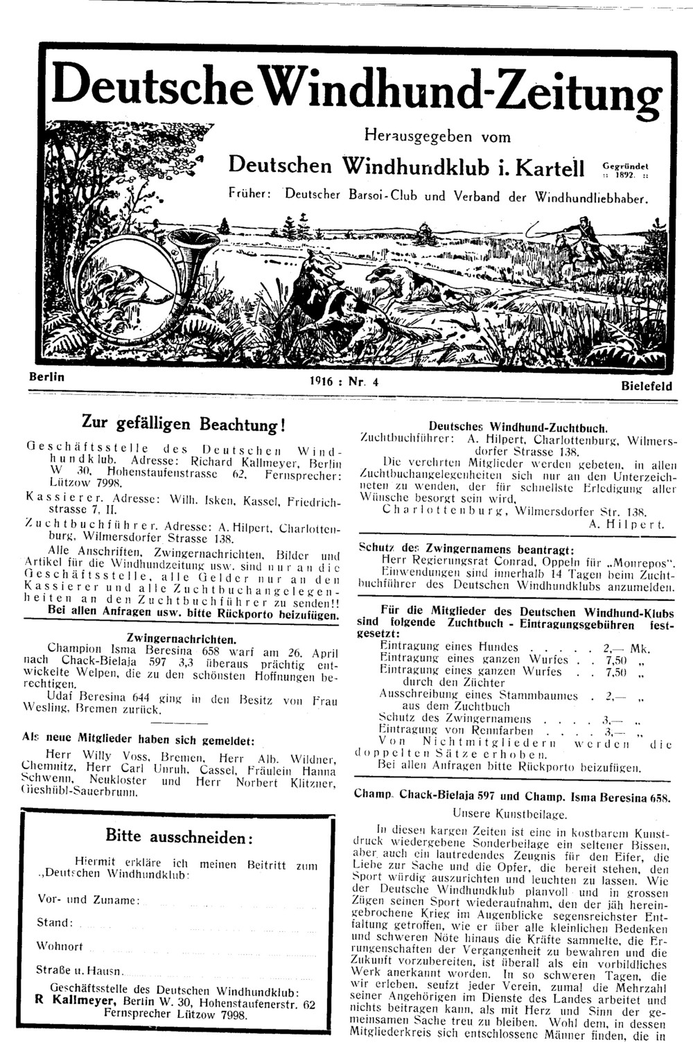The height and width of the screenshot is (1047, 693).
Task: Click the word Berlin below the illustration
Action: tap(46, 378)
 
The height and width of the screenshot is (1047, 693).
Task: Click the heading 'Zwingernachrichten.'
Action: tap(182, 637)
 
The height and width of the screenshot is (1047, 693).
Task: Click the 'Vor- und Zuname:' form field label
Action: tap(89, 900)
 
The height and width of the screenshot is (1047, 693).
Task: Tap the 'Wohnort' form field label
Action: tap(60, 946)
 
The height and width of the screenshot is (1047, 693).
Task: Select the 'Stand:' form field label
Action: tap(55, 923)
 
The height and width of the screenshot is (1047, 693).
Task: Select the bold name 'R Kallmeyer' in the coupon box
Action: tap(77, 1003)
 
